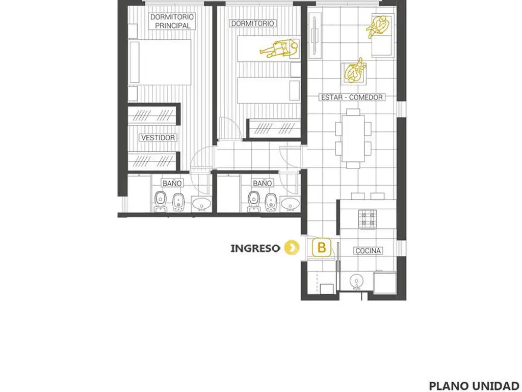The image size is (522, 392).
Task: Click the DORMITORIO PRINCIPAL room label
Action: (172, 21)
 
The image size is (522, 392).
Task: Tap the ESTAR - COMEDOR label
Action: (352, 97)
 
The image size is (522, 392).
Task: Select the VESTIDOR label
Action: (158, 138)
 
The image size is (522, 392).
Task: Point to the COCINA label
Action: (368, 251)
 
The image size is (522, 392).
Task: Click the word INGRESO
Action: (255, 249)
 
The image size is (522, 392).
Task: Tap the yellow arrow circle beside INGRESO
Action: (292, 248)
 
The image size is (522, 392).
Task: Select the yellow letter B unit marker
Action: (322, 248)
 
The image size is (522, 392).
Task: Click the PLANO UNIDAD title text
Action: (475, 386)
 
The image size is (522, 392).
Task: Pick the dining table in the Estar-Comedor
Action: (353, 139)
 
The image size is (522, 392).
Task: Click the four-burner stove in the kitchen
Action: (368, 219)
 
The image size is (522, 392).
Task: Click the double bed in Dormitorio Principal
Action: (160, 62)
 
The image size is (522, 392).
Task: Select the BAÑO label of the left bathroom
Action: (172, 183)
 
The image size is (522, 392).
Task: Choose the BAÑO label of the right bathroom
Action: (262, 183)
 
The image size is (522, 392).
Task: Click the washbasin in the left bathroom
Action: (201, 203)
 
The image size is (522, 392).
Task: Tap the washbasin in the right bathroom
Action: (290, 203)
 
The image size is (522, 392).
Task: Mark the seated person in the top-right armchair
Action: (378, 27)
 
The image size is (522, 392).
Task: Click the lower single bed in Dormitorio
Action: (269, 90)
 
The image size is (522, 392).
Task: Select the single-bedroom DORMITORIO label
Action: (252, 23)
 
